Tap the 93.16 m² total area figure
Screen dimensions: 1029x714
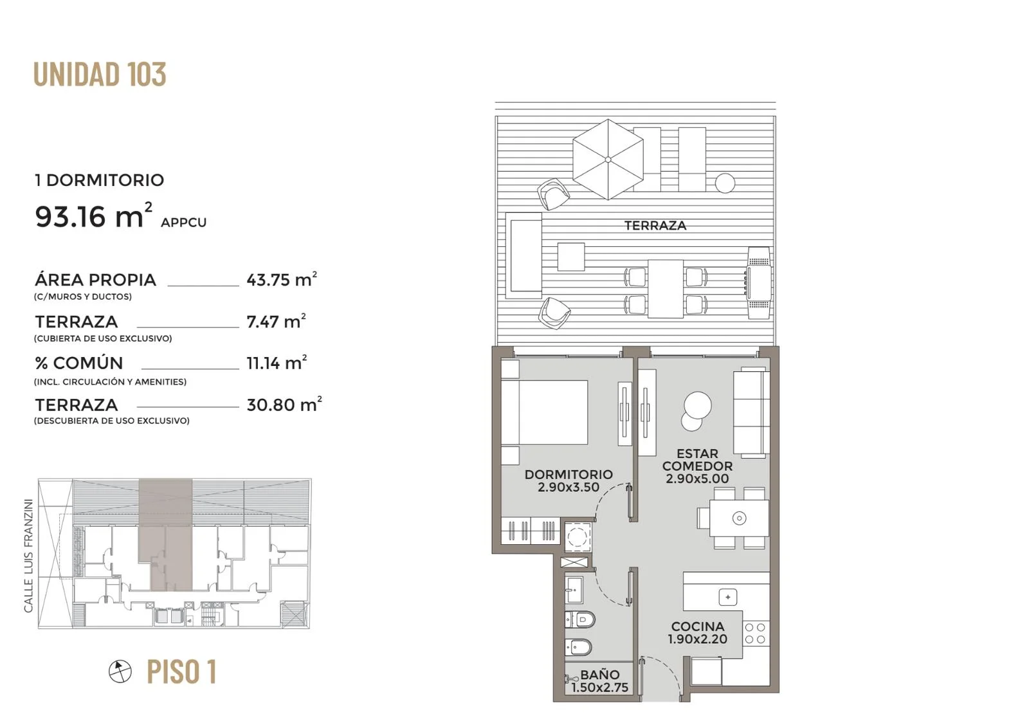coord(94,215)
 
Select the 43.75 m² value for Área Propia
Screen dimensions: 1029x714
coord(282,279)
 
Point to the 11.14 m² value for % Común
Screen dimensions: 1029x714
coord(277,362)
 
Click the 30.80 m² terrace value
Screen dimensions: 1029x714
coord(284,404)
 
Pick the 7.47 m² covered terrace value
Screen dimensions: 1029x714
coord(276,321)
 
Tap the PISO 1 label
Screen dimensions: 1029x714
coord(181,672)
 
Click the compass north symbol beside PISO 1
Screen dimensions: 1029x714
coord(120,672)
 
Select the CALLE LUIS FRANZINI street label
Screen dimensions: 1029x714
coord(28,556)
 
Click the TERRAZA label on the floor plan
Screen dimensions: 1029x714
coord(655,225)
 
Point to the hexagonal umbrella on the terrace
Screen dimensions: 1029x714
coord(608,160)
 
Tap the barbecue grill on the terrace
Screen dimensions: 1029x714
coord(758,282)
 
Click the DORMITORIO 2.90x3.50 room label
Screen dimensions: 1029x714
coord(569,481)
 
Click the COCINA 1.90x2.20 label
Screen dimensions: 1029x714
coord(697,633)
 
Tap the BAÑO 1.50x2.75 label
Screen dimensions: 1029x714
coord(599,681)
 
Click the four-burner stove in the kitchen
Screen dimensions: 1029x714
coord(756,633)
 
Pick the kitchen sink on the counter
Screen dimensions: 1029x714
coord(727,598)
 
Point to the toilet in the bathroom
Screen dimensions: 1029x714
coord(579,619)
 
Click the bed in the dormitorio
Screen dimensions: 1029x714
coord(544,412)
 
